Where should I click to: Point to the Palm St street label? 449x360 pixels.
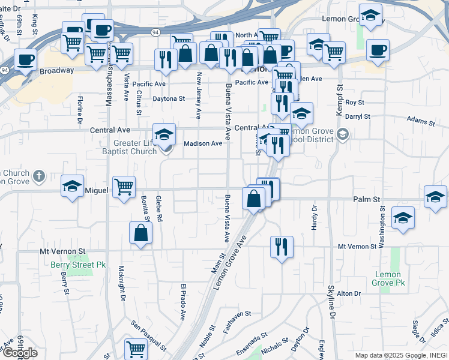tap(367, 199)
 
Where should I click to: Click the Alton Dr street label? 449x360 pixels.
tap(348, 293)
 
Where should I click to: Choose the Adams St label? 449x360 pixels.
tap(420, 121)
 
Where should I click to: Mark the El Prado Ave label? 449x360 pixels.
tap(183, 302)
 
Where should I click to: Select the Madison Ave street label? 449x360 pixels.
tap(203, 143)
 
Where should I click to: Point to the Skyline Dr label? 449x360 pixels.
tap(330, 307)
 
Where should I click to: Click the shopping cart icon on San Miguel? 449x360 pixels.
tap(124, 187)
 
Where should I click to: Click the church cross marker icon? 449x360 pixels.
tap(39, 176)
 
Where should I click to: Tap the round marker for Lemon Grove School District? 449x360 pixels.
tap(343, 133)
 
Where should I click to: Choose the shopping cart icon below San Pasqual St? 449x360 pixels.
tap(136, 349)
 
